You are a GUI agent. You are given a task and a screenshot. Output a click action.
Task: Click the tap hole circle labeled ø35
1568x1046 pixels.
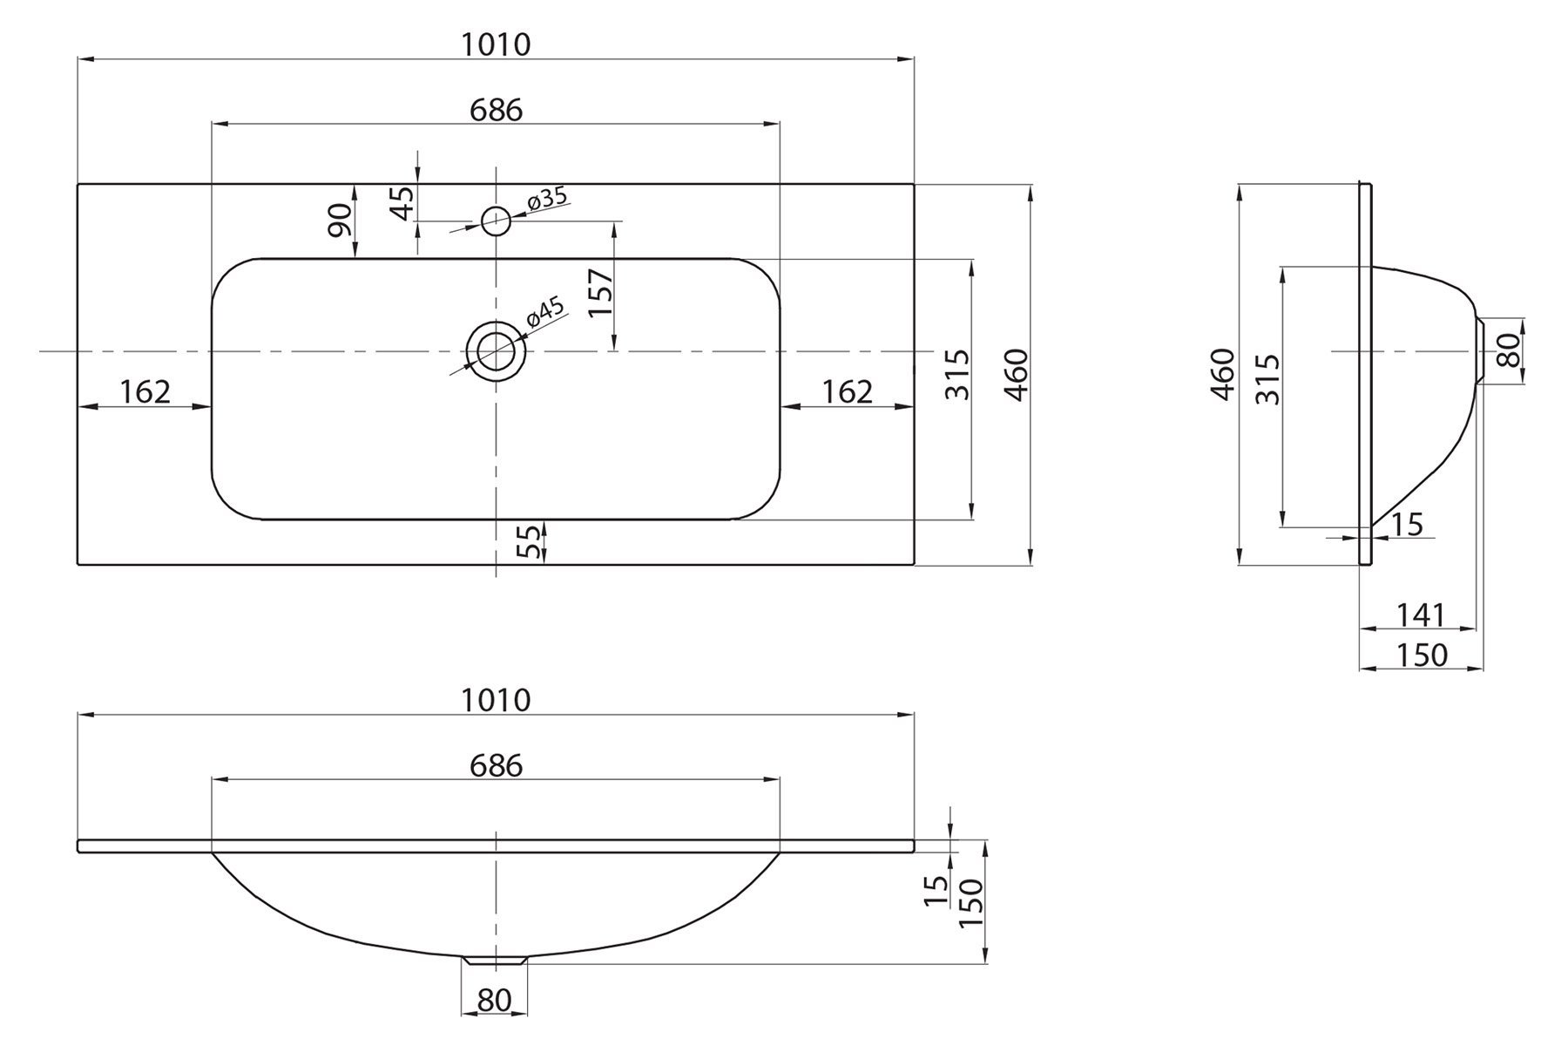click(x=496, y=221)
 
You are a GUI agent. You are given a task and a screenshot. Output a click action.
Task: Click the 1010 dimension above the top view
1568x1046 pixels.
click(x=496, y=44)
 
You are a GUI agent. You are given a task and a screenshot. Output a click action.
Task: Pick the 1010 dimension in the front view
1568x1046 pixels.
click(x=496, y=700)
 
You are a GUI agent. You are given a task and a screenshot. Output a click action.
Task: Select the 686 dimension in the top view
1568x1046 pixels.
click(x=496, y=111)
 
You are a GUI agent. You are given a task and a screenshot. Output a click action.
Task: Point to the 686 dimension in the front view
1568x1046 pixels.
click(x=496, y=766)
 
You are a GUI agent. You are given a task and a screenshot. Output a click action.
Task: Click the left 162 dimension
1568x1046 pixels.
click(x=145, y=392)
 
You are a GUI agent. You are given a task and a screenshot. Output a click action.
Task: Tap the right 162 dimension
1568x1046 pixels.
click(x=848, y=392)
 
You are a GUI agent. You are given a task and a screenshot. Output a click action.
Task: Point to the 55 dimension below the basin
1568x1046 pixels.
click(x=529, y=542)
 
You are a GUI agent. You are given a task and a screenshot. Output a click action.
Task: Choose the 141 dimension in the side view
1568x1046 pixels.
click(x=1421, y=615)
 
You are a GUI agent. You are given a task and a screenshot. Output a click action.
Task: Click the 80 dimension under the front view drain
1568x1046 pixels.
click(x=494, y=1000)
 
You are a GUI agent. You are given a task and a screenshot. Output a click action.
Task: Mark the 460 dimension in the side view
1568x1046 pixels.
click(x=1224, y=374)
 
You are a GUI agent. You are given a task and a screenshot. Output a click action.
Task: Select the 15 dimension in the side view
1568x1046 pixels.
click(x=1406, y=524)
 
